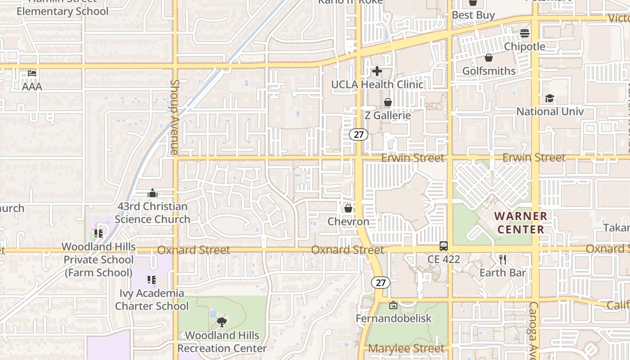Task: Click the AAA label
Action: [32, 86]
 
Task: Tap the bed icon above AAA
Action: [32, 73]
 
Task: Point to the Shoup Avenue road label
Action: [175, 117]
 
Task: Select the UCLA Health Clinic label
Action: [377, 85]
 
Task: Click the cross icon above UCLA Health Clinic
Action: [377, 71]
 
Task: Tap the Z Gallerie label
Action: [387, 115]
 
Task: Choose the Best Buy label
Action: [473, 15]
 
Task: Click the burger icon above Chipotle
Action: [525, 33]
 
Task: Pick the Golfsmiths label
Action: [489, 71]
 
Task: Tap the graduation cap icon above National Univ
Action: [549, 99]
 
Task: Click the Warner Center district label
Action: [521, 223]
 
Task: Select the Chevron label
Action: [348, 221]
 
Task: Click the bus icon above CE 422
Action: [444, 246]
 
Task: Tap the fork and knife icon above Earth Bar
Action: [503, 259]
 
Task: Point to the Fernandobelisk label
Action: [393, 319]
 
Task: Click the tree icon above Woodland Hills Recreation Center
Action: [221, 322]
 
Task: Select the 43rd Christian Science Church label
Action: [153, 213]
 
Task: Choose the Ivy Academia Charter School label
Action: [152, 300]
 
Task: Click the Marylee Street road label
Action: [406, 349]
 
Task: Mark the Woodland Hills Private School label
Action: [99, 260]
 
